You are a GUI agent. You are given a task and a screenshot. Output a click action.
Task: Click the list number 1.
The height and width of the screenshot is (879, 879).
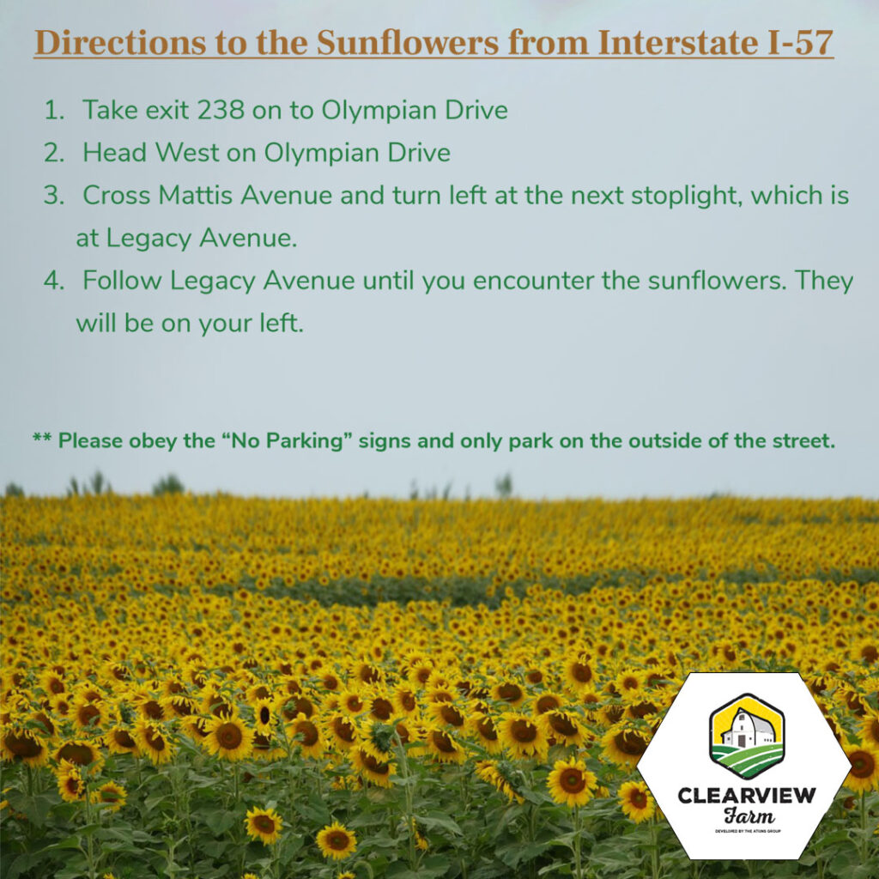coord(54,111)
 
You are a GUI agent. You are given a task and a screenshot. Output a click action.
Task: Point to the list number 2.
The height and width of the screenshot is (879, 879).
coord(54,154)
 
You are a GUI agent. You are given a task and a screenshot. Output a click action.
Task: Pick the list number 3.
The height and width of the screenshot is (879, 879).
coord(54,196)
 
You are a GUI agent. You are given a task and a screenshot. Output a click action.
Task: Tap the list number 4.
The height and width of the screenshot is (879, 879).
coord(54,281)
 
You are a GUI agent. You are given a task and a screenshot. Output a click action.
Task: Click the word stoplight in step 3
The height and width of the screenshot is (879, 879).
coord(687,196)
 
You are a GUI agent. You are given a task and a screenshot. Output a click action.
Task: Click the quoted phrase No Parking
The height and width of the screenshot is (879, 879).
coord(300,442)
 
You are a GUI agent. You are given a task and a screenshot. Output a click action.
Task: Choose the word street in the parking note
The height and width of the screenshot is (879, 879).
coord(803,442)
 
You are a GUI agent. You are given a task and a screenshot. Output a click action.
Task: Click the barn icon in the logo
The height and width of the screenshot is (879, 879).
coord(746,734)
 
